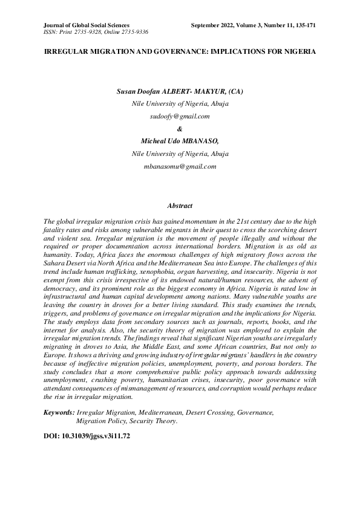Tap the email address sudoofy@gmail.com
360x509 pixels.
point(180,115)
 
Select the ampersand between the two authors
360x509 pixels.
point(180,128)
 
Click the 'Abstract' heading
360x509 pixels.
point(180,206)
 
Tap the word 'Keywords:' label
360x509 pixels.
point(59,412)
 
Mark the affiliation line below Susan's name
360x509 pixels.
point(180,103)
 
